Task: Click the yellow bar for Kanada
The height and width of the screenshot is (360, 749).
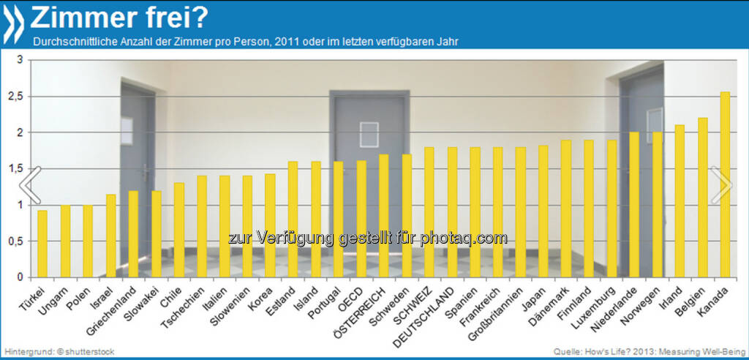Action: (725, 184)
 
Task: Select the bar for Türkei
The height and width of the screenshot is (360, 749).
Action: (42, 244)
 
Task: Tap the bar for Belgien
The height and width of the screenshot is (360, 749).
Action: (702, 198)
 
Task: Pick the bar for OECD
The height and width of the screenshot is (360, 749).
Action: (361, 219)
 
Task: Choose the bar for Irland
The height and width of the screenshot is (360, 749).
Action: (680, 201)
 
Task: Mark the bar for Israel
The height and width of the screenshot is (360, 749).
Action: (110, 236)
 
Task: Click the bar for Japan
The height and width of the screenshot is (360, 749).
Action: (543, 211)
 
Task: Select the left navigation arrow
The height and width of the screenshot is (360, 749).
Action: (29, 186)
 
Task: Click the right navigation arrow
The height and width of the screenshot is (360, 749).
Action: (721, 186)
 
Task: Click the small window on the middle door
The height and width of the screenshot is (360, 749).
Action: (369, 135)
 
